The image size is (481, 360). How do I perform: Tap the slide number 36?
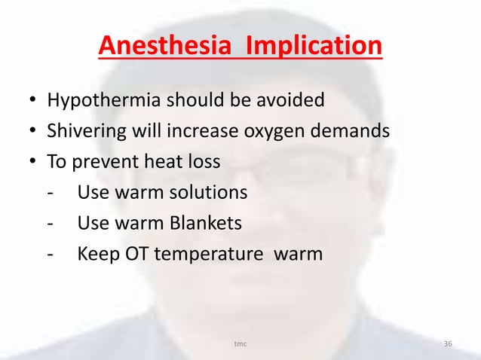(x=448, y=344)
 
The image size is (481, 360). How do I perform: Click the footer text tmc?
(x=240, y=344)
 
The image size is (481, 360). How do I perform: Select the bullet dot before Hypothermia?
(x=33, y=101)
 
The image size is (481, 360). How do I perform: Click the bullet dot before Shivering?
(x=33, y=133)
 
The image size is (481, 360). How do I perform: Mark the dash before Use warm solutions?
(x=49, y=194)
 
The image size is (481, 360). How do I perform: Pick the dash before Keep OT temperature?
(x=49, y=255)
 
